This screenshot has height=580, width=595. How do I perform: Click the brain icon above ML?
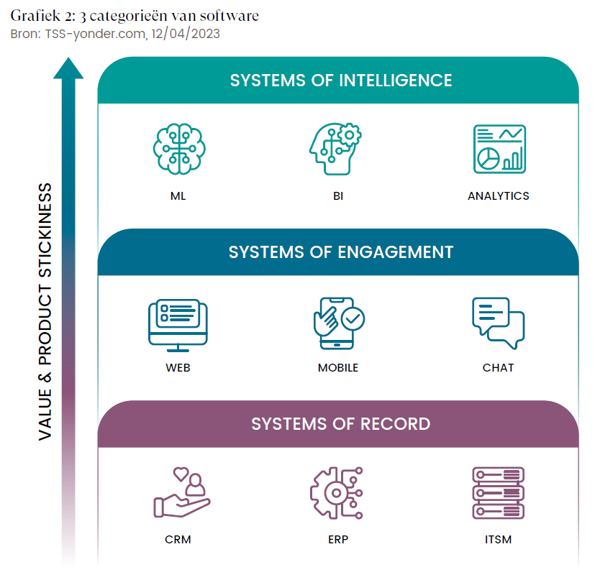(x=178, y=149)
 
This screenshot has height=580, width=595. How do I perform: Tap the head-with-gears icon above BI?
(x=335, y=149)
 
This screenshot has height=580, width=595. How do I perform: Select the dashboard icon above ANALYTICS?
(x=499, y=149)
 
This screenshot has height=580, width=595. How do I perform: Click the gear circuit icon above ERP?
(x=336, y=494)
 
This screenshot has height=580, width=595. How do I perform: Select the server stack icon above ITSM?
(x=498, y=494)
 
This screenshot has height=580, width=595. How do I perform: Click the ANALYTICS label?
(x=498, y=195)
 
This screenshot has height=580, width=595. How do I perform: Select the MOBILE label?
(x=337, y=368)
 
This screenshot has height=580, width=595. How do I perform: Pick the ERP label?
(x=337, y=539)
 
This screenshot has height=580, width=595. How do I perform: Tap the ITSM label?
(x=498, y=539)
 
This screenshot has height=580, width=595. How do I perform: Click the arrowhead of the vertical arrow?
(x=68, y=69)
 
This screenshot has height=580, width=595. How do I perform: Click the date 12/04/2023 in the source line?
(x=186, y=34)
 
